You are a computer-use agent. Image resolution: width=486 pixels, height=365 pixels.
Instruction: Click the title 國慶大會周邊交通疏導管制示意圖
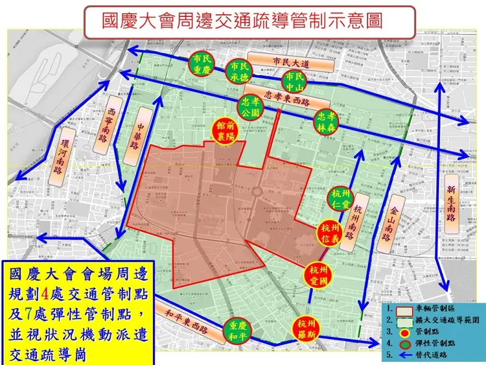243,20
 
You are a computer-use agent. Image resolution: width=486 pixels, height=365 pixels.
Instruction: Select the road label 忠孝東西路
288,100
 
